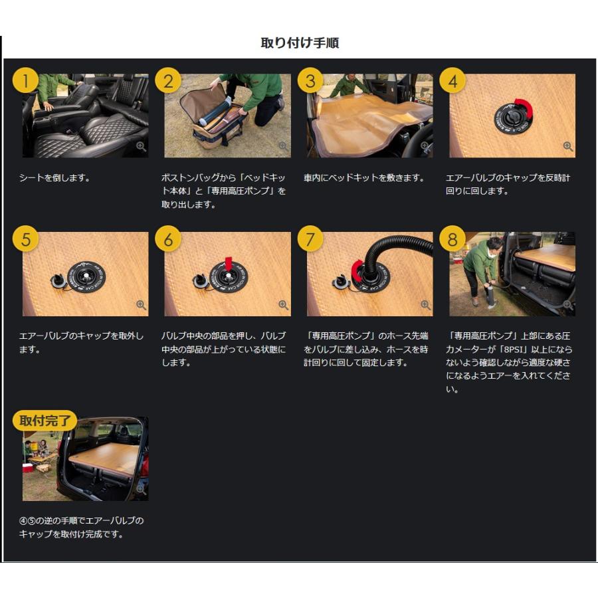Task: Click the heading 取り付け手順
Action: [300, 43]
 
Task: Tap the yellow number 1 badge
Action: [25, 82]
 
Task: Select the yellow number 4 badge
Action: [452, 82]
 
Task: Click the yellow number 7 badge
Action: [310, 239]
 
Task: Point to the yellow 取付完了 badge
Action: [45, 421]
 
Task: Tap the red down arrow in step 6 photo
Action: [228, 264]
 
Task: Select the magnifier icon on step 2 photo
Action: [283, 146]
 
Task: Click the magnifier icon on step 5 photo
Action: [141, 305]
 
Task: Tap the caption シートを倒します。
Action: [54, 178]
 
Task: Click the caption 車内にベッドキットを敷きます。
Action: [363, 178]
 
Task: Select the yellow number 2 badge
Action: [168, 82]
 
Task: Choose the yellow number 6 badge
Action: [168, 239]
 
